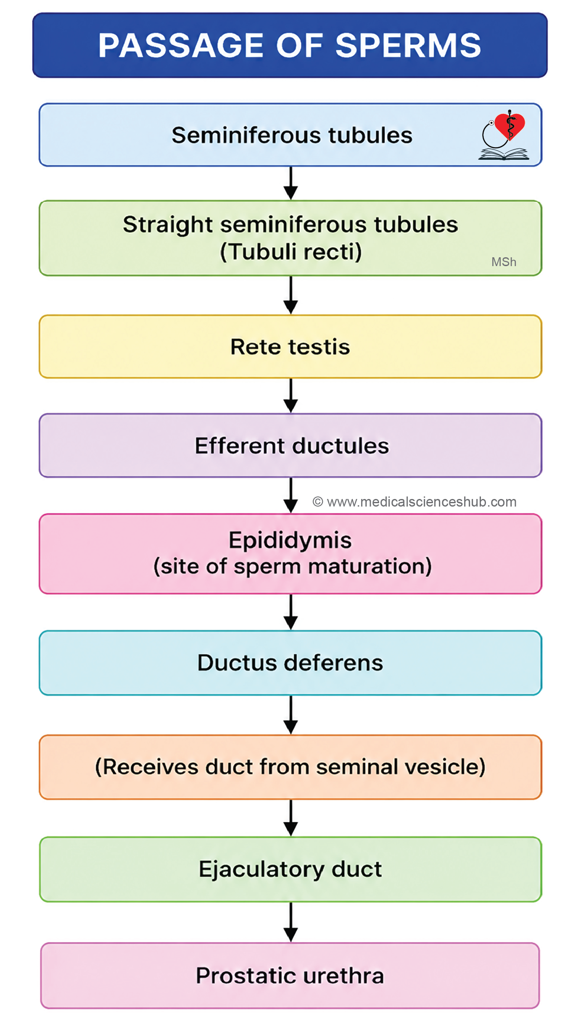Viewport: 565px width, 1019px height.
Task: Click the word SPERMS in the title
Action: (408, 45)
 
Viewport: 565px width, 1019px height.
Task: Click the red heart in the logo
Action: (510, 126)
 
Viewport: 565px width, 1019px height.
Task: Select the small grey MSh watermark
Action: (504, 262)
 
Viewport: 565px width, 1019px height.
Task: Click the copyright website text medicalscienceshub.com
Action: (415, 502)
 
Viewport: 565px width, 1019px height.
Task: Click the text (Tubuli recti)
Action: (291, 252)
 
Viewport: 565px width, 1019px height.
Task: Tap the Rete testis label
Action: (290, 347)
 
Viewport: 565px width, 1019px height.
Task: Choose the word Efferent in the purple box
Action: (240, 446)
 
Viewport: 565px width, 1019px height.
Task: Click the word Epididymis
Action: (290, 541)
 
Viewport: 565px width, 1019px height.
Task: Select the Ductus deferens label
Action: (290, 663)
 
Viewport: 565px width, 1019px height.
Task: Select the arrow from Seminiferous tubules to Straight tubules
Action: (290, 183)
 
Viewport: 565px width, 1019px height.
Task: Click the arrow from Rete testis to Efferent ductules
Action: (290, 396)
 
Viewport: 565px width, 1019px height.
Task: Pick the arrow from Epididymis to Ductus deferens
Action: (290, 612)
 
